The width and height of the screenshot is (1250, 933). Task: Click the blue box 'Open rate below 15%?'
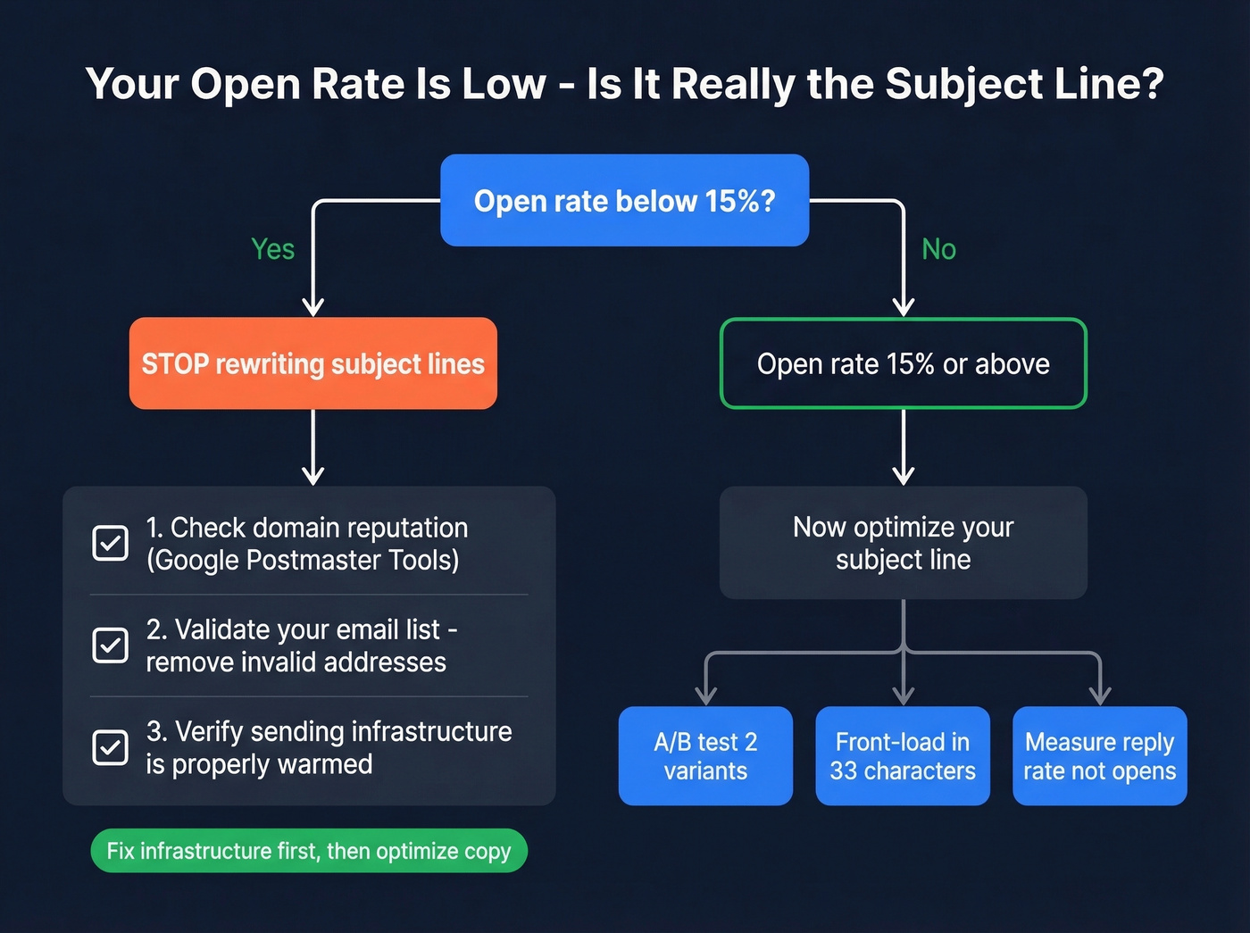click(624, 200)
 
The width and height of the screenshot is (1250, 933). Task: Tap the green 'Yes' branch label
click(272, 249)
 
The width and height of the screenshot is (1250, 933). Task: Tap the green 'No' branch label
click(938, 249)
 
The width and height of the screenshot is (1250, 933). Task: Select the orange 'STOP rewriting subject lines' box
click(312, 363)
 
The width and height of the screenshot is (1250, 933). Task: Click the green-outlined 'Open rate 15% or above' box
click(903, 363)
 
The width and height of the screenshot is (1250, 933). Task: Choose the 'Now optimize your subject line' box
click(903, 543)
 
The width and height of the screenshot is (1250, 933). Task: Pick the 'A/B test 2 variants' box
click(705, 756)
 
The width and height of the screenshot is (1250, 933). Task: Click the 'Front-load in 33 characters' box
click(903, 756)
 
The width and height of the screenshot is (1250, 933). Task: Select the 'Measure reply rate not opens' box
click(1099, 756)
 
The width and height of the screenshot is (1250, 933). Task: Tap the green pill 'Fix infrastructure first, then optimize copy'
click(309, 851)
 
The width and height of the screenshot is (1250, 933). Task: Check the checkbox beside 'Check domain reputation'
click(111, 543)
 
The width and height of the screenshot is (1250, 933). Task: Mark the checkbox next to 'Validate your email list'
click(111, 645)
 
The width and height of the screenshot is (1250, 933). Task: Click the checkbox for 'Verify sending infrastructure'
click(111, 747)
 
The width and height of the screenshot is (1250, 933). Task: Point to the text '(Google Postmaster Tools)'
click(303, 561)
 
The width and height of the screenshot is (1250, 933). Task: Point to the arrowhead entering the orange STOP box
click(312, 307)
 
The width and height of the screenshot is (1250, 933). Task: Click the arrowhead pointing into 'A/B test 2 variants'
click(705, 695)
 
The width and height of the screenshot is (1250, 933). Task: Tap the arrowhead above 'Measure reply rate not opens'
click(1100, 695)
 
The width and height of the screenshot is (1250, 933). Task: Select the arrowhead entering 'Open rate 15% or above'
click(904, 307)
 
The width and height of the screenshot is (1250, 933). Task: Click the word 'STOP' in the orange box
click(175, 364)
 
